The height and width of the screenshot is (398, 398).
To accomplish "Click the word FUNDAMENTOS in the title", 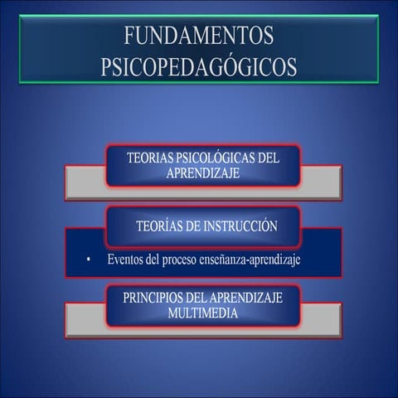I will click(x=198, y=36).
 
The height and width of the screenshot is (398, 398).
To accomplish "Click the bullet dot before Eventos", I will click(x=87, y=260).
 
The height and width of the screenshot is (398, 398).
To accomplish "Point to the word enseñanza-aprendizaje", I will click(x=255, y=260).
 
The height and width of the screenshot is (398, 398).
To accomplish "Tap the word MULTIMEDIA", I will click(x=202, y=313).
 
